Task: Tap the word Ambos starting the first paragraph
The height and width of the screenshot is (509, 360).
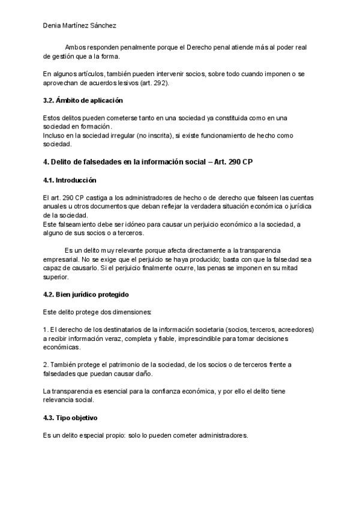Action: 74,47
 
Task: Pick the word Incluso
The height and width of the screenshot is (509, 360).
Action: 55,136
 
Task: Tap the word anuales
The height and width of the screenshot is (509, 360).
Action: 56,206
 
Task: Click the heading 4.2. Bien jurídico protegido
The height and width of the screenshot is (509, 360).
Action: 85,295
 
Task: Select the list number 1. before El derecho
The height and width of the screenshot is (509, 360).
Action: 46,330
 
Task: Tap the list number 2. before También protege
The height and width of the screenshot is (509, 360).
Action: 46,365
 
